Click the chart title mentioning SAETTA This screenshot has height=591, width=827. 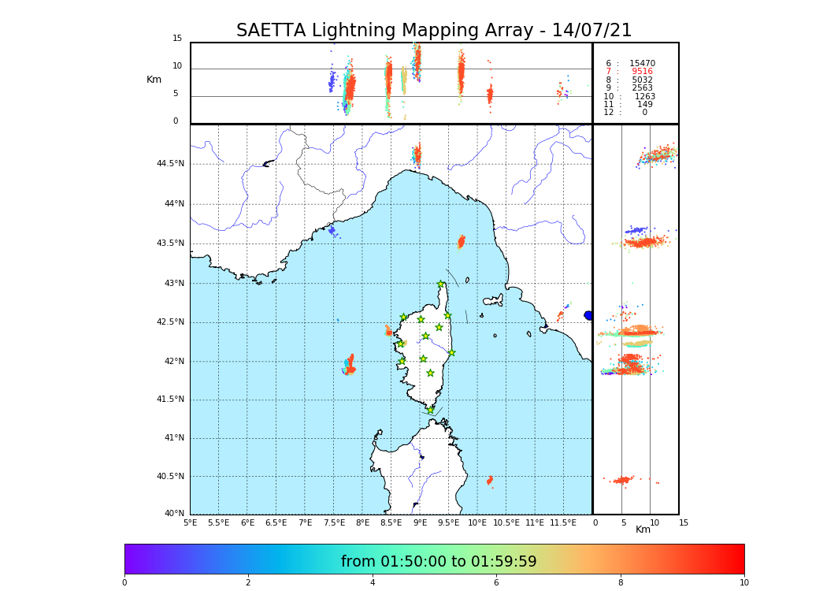click(x=434, y=31)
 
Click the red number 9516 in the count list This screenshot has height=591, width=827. click(x=642, y=72)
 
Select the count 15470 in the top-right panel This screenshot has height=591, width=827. click(x=642, y=64)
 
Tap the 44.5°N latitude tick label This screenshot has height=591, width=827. click(x=170, y=164)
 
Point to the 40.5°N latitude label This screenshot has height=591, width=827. click(x=170, y=477)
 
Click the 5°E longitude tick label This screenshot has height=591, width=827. click(x=190, y=523)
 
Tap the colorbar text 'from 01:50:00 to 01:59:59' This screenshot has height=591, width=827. click(x=439, y=562)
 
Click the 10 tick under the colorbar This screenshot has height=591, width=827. click(x=744, y=583)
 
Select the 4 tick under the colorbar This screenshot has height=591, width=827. click(x=373, y=583)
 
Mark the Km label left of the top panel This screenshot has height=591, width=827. click(x=154, y=80)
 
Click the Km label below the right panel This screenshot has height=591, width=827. click(x=643, y=530)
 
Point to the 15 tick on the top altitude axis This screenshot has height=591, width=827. click(x=177, y=39)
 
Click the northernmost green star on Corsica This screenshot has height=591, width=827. click(x=441, y=284)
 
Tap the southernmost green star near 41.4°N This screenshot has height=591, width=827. click(x=430, y=410)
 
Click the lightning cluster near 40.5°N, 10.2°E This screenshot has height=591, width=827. click(x=489, y=480)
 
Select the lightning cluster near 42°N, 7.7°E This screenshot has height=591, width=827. click(x=349, y=366)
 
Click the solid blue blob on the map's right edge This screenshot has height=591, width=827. click(x=588, y=315)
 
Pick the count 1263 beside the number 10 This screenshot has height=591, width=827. click(x=645, y=97)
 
